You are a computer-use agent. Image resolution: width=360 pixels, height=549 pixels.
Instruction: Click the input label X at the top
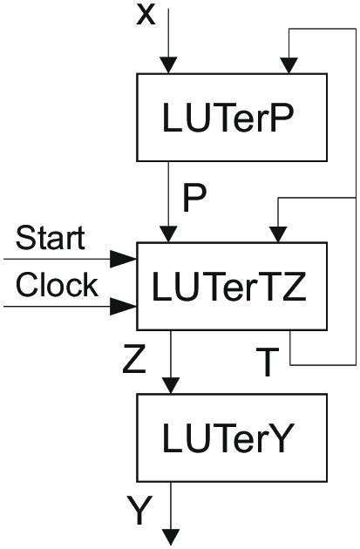click(146, 15)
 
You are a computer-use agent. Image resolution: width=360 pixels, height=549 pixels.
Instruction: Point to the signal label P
click(194, 200)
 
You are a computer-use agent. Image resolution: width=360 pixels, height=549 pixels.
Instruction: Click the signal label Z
click(134, 360)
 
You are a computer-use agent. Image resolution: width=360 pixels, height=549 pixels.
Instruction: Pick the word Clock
click(58, 285)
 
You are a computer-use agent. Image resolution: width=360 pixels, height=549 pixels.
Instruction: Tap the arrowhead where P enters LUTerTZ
click(169, 233)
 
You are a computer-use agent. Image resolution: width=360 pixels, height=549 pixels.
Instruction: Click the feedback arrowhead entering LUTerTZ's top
click(276, 233)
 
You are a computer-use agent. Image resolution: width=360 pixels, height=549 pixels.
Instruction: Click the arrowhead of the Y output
click(174, 533)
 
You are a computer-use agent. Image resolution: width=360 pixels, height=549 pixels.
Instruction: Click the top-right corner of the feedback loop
click(356, 29)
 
